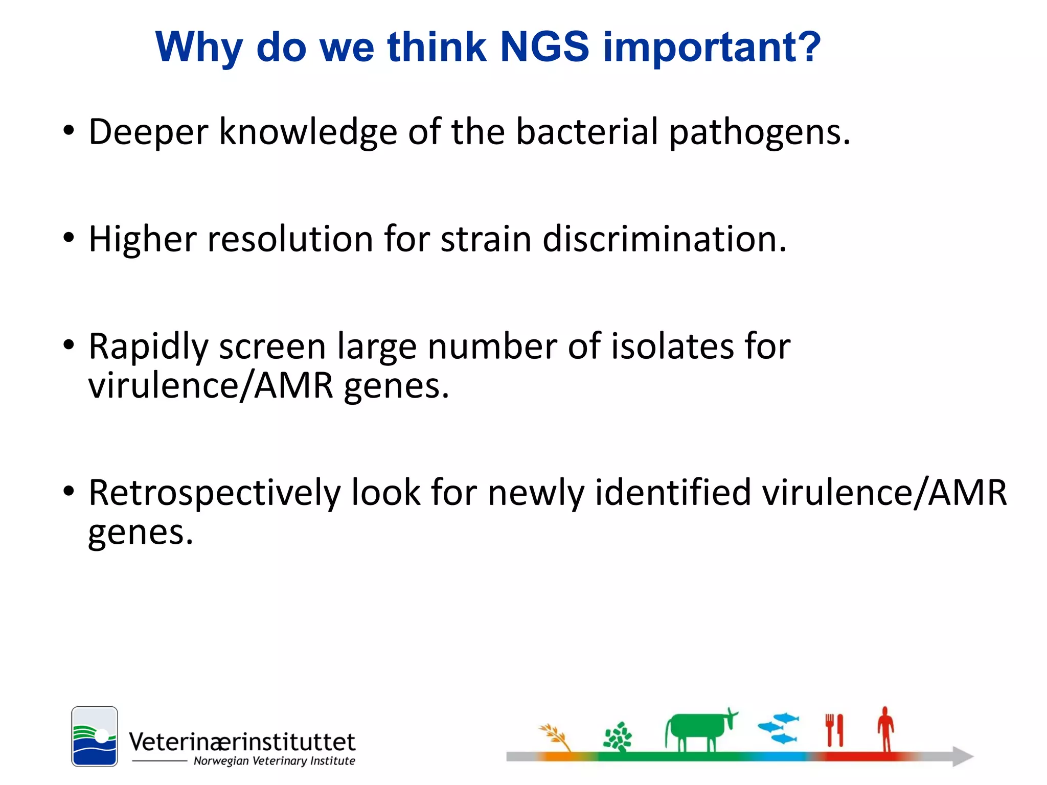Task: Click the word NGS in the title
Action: pyautogui.click(x=544, y=47)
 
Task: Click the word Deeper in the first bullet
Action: pyautogui.click(x=148, y=132)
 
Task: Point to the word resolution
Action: pyautogui.click(x=290, y=239)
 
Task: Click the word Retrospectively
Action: pyautogui.click(x=215, y=494)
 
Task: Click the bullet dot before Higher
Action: pyautogui.click(x=69, y=238)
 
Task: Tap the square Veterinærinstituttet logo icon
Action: pyautogui.click(x=95, y=736)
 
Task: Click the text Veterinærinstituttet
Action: pyautogui.click(x=242, y=742)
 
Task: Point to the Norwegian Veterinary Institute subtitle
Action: pyautogui.click(x=274, y=761)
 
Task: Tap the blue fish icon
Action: pyautogui.click(x=778, y=728)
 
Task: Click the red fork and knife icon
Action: pyautogui.click(x=834, y=730)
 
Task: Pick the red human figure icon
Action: pyautogui.click(x=886, y=728)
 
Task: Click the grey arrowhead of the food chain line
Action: pyautogui.click(x=962, y=756)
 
